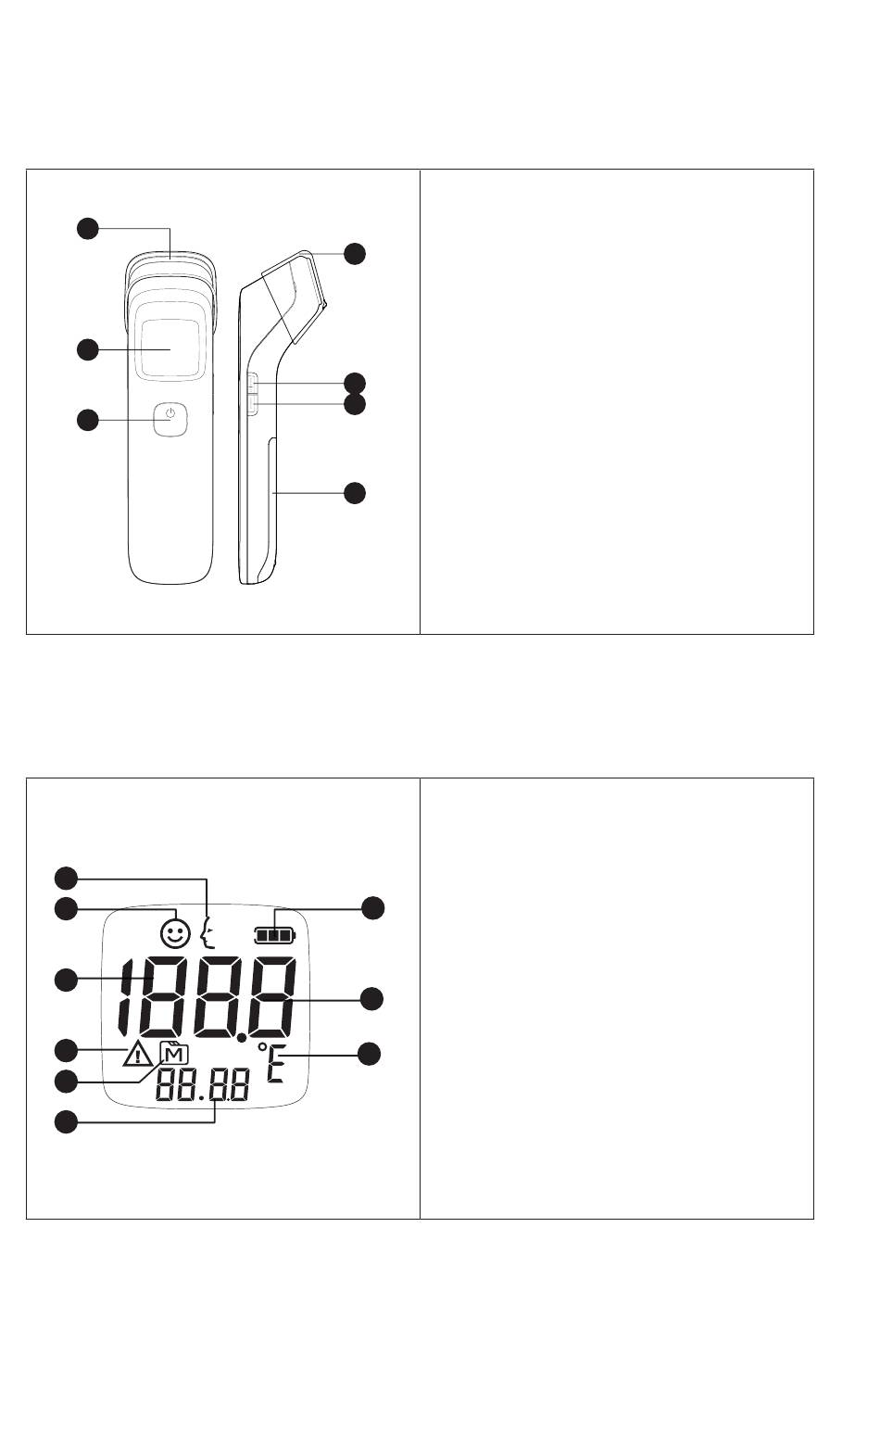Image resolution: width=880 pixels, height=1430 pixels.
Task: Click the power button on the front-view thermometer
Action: tap(170, 420)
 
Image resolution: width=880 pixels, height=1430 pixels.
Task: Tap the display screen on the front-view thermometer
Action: tap(170, 348)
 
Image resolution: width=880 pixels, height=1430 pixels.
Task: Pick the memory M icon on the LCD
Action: tap(174, 1054)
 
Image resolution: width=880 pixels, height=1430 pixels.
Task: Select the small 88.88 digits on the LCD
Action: tap(202, 1087)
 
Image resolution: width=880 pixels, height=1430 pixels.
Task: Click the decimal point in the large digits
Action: tap(241, 1039)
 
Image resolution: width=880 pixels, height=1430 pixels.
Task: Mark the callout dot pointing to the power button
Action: tap(86, 420)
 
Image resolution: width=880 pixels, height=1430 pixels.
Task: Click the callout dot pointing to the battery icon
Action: tap(372, 908)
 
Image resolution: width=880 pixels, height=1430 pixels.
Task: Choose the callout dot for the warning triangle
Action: tap(65, 1050)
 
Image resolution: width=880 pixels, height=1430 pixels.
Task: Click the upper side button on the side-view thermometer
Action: tap(253, 382)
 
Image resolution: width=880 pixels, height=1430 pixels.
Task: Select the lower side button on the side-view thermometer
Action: tap(253, 402)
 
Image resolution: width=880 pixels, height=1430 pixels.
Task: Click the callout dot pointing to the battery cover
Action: tap(354, 493)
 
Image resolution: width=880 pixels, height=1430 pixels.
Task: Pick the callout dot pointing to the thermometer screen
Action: tap(86, 348)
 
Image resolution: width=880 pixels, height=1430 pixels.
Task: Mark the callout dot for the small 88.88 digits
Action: tap(65, 1122)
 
